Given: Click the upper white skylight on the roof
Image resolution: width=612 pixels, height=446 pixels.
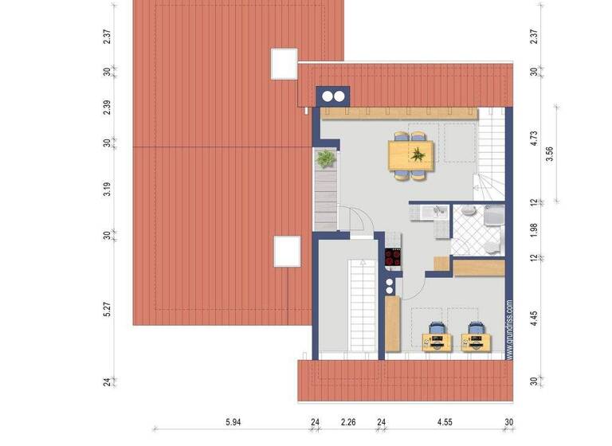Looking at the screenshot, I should point(284,65).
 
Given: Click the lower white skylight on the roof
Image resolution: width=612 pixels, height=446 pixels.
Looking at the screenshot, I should point(287,251).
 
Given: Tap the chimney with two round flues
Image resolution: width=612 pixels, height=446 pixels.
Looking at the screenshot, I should point(333,96).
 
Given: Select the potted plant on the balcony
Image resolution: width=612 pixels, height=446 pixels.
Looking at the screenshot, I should point(325,159).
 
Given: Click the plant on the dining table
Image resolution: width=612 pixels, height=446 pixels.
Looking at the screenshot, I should point(417,155).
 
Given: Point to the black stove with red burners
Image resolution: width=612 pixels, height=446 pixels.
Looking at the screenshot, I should point(393,257).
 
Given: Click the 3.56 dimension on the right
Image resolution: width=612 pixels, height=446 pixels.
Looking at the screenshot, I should point(549,154).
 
